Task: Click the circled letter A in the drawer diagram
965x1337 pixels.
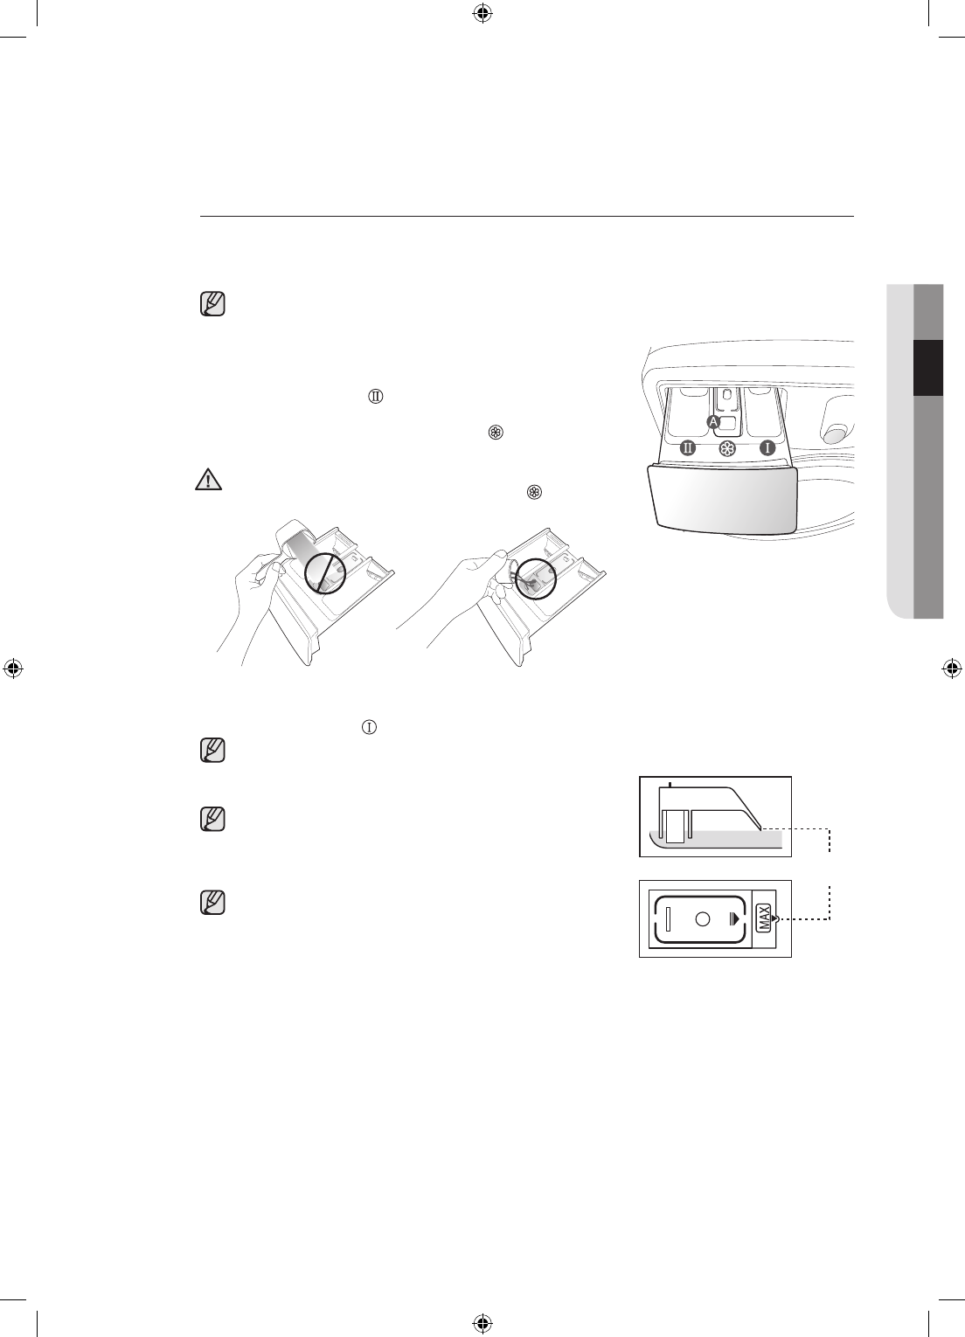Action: click(x=713, y=421)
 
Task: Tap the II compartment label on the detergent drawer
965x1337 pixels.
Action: click(x=688, y=448)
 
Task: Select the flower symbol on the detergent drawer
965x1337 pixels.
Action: click(x=726, y=448)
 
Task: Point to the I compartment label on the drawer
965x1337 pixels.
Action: click(x=767, y=448)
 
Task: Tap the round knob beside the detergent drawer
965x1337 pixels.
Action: click(x=836, y=433)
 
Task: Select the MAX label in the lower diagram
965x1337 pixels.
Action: click(x=762, y=918)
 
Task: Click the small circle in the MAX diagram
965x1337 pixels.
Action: click(x=702, y=918)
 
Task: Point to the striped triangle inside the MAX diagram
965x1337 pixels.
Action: click(x=732, y=918)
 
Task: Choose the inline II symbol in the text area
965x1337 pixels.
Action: click(x=373, y=397)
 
